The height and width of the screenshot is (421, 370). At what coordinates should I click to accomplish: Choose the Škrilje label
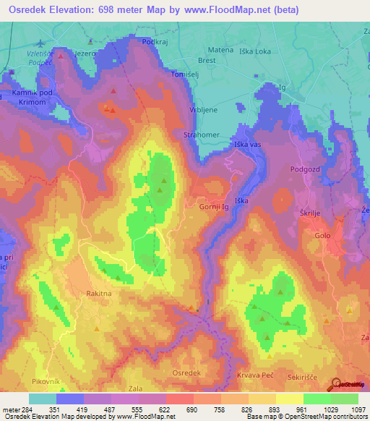pyautogui.click(x=313, y=215)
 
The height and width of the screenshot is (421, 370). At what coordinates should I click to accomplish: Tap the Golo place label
pyautogui.click(x=322, y=235)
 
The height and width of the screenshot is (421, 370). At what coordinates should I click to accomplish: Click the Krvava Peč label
pyautogui.click(x=253, y=375)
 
